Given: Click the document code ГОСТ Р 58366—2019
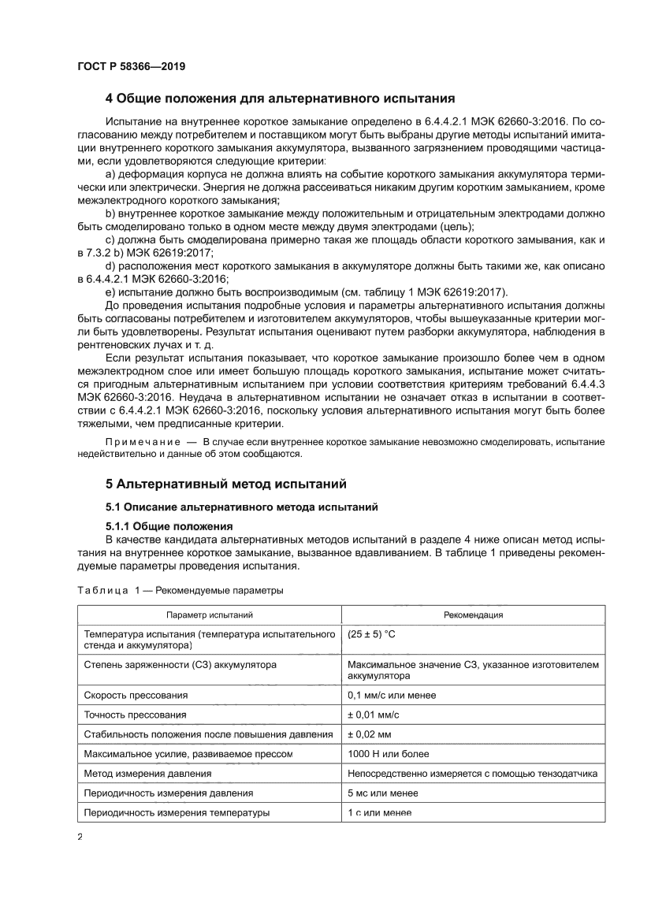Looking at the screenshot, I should pos(131,67).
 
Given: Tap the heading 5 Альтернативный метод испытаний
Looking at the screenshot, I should pos(225,483).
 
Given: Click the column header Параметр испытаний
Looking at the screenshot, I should pos(209,615).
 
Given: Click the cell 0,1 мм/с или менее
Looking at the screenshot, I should pos(392,695).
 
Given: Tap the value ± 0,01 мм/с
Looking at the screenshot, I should pos(374,715).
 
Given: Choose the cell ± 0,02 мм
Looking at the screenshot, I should pos(370,734).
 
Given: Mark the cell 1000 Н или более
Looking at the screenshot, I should pos(388,754).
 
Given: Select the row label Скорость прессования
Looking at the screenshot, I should pos(136,695).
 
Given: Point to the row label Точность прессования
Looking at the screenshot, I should pos(136,715).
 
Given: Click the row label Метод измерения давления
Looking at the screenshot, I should pos(147,774).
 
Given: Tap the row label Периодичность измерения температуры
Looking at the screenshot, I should pos(177,812).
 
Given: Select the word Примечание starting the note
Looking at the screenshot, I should pos(138,442).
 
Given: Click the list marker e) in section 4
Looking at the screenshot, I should pos(110,292).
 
